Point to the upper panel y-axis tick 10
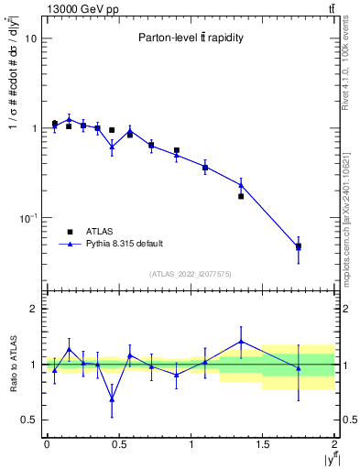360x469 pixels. [31, 39]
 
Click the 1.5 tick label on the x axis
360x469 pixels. [263, 444]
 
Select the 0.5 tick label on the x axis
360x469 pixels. [119, 444]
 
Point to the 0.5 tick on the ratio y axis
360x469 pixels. [29, 420]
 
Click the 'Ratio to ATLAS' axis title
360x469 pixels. [12, 365]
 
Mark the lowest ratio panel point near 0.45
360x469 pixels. [112, 398]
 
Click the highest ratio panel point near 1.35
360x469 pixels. [241, 342]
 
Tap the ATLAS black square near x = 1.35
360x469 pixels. [241, 196]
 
